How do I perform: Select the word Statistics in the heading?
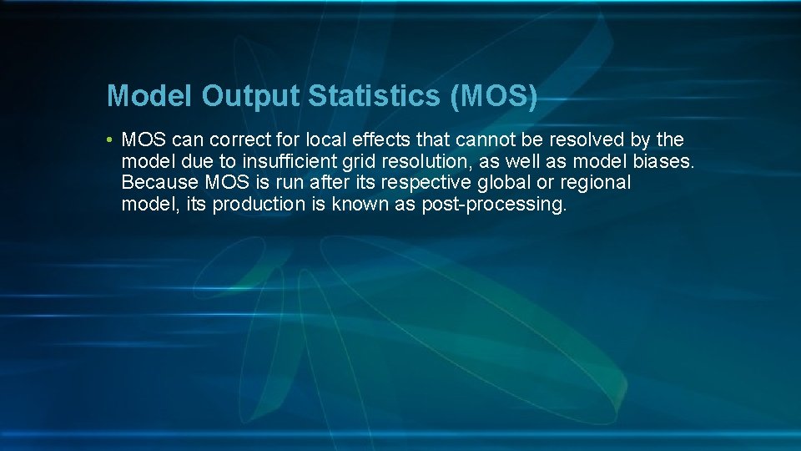pos(375,96)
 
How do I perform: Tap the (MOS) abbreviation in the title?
pos(493,96)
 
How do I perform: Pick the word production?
pos(259,204)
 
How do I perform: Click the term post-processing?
pos(494,204)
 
